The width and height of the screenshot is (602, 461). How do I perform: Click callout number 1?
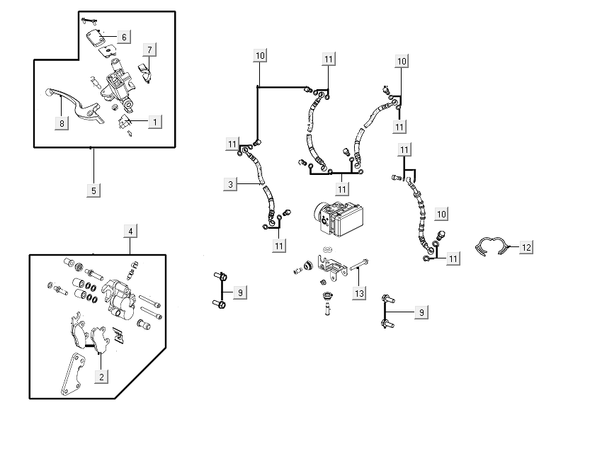pyautogui.click(x=154, y=122)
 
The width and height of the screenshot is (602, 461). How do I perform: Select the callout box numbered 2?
pyautogui.click(x=102, y=377)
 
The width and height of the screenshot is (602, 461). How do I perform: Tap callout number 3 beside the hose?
pyautogui.click(x=229, y=185)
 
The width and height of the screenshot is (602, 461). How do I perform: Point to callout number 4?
pyautogui.click(x=130, y=231)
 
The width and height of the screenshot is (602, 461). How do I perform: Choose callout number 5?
pyautogui.click(x=93, y=190)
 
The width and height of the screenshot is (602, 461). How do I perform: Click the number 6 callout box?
pyautogui.click(x=123, y=36)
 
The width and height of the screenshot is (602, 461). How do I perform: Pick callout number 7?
pyautogui.click(x=149, y=50)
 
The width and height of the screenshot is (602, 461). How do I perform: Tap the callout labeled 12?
pyautogui.click(x=526, y=247)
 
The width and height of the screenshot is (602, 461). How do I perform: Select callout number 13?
pyautogui.click(x=360, y=292)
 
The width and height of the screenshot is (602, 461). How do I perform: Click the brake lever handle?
pyautogui.click(x=64, y=100)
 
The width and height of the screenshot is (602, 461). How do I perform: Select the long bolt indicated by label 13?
pyautogui.click(x=357, y=267)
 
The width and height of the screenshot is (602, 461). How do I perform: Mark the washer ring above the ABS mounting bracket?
pyautogui.click(x=326, y=250)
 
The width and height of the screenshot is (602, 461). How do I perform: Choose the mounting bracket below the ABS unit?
pyautogui.click(x=331, y=266)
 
